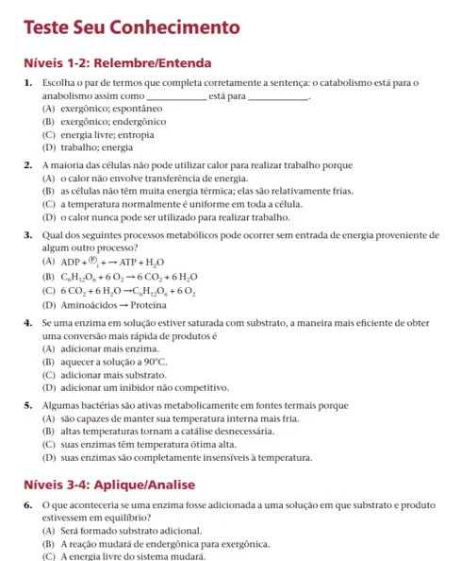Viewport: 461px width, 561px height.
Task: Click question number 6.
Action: point(29,507)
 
